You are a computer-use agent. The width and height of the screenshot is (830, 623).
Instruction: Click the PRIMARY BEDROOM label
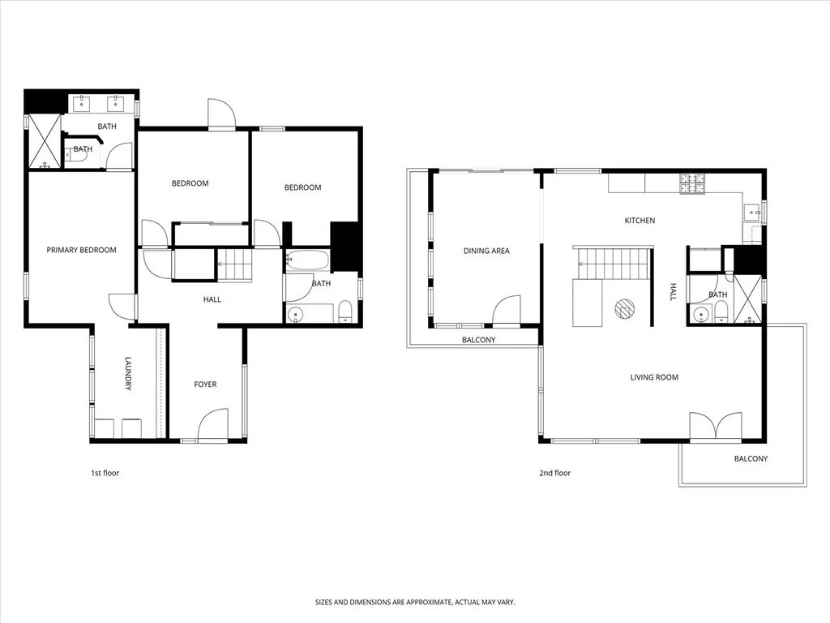pos(81,250)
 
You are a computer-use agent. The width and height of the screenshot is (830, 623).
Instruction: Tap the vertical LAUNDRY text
pos(128,374)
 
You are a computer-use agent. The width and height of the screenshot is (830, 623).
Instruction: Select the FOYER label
pos(205,384)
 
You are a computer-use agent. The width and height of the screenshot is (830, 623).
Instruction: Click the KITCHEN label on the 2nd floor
pos(640,221)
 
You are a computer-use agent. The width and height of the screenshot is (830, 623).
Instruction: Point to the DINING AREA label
pos(486,251)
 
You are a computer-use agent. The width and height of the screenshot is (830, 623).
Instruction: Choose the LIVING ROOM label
pos(654,377)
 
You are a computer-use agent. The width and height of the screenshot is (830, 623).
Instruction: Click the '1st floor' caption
pos(105,473)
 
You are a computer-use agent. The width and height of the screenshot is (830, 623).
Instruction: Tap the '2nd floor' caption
pos(555,473)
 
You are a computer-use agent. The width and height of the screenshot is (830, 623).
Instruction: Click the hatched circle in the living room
pos(625,307)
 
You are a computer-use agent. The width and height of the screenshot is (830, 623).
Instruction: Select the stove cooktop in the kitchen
pos(694,184)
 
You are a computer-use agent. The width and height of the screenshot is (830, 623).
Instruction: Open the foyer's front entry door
pos(213,426)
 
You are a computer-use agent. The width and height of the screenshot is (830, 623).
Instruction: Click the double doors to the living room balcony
pos(715,427)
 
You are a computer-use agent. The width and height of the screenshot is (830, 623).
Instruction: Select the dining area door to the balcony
pos(507,311)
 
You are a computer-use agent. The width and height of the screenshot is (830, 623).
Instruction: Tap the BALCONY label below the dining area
pos(478,340)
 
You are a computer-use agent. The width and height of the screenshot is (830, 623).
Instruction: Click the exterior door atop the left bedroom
pos(221,114)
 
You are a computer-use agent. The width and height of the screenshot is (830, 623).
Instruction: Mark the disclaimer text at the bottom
pos(415,602)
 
